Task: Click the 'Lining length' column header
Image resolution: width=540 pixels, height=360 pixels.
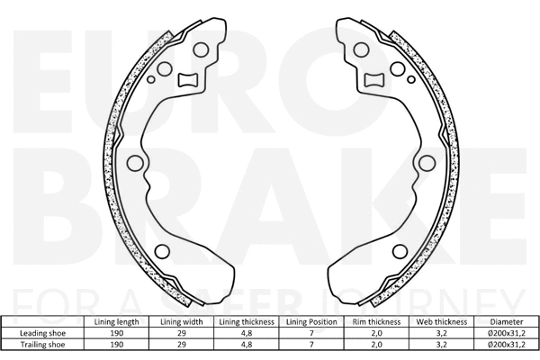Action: [115, 321]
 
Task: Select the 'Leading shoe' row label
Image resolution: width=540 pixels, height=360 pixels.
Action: [43, 332]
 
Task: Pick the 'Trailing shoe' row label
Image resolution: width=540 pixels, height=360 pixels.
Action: [43, 344]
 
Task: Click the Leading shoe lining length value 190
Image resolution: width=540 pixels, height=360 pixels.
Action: [115, 332]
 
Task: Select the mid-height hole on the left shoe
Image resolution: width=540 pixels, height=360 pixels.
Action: [135, 164]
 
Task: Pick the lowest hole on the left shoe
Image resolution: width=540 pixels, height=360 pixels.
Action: [163, 252]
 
